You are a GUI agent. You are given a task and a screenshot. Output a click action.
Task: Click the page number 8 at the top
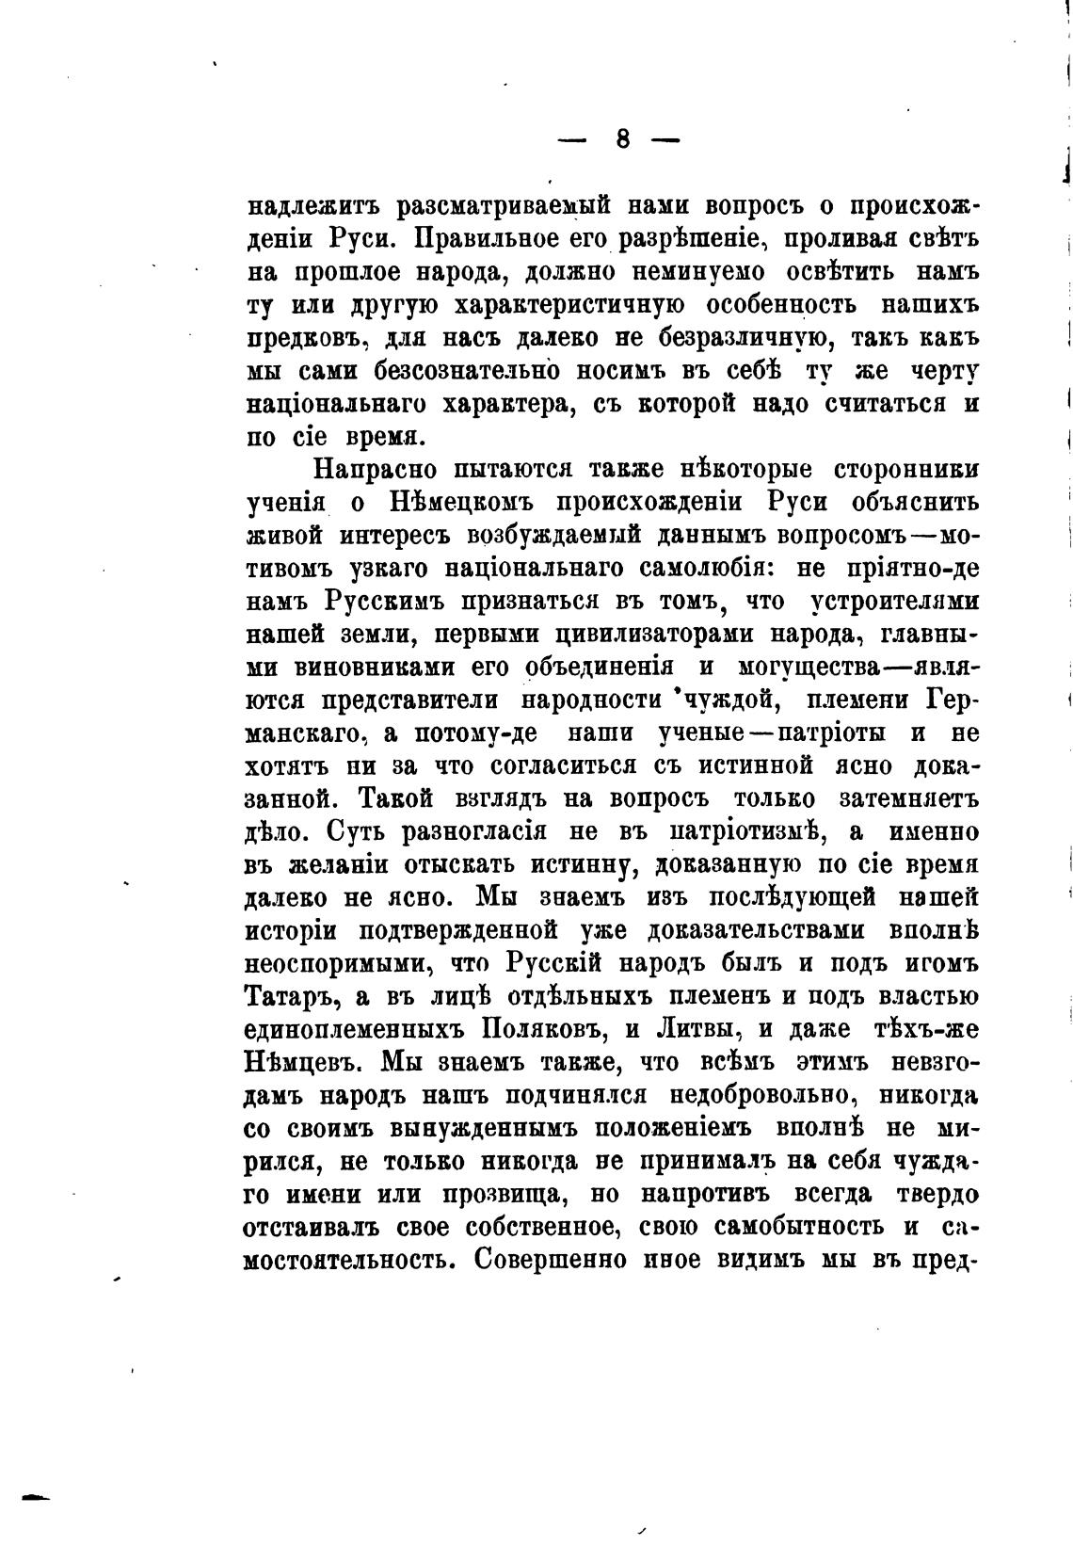623,139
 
